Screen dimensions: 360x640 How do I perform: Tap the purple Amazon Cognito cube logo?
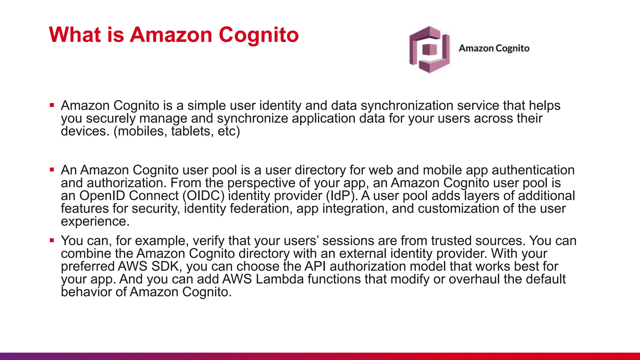[429, 49]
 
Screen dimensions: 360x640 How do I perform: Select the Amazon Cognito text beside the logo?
[494, 48]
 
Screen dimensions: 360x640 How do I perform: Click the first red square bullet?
[52, 105]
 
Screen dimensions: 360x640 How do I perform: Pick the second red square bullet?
[52, 170]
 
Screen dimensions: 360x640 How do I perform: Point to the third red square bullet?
[52, 240]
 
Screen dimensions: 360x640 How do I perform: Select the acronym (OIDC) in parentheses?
[203, 196]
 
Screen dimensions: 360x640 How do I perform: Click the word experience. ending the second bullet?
[95, 222]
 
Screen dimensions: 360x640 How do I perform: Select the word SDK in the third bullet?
[166, 267]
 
